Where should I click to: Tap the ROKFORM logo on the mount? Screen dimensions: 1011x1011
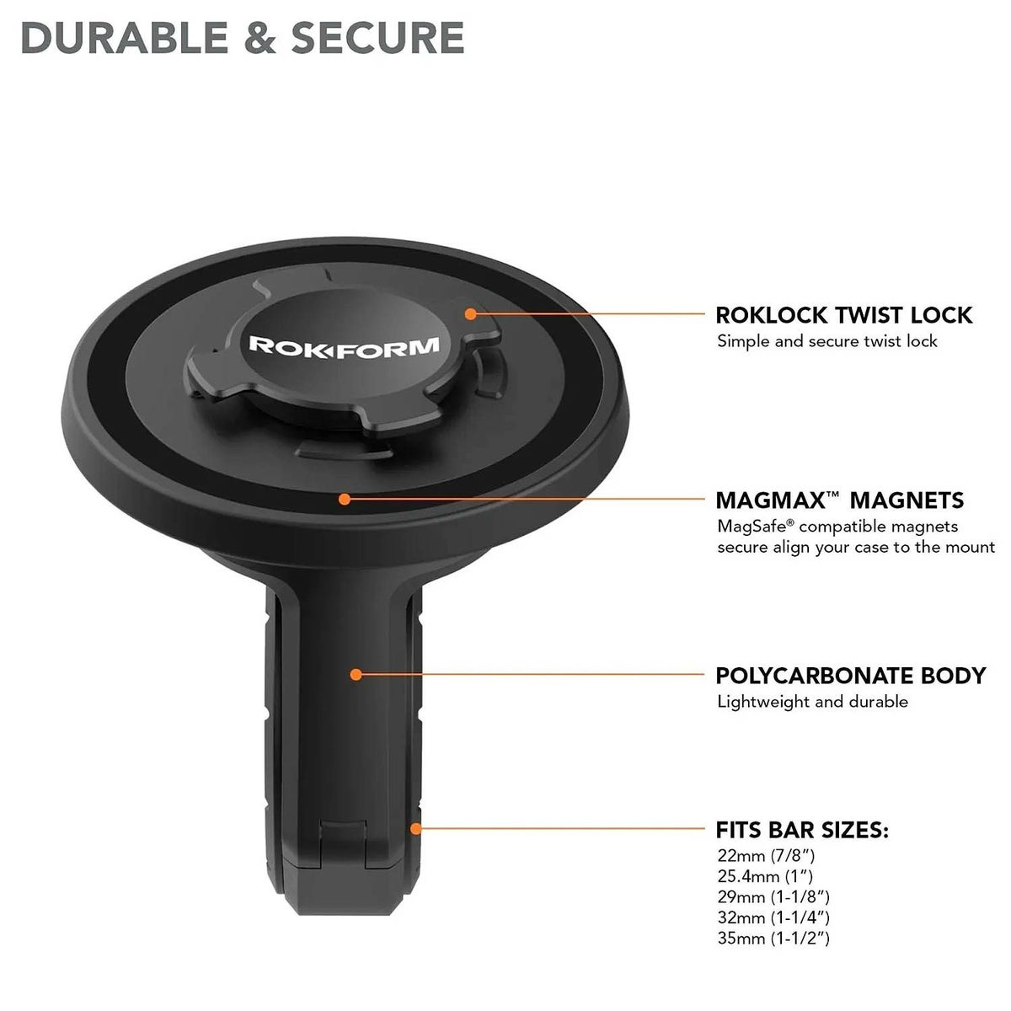344,345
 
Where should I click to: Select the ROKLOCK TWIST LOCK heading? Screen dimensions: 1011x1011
843,315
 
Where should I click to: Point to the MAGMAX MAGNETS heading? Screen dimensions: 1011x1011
839,500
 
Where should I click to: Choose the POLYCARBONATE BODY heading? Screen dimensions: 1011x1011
850,675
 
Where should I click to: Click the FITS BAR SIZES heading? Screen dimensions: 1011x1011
802,830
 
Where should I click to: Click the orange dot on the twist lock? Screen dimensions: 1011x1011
471,313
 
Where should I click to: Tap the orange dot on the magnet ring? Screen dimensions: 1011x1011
344,499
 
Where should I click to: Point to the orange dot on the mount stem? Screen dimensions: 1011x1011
356,674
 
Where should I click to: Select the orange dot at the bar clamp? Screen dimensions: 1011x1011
415,829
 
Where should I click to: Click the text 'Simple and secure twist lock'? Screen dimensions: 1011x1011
826,341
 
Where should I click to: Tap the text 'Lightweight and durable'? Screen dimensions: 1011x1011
812,701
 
